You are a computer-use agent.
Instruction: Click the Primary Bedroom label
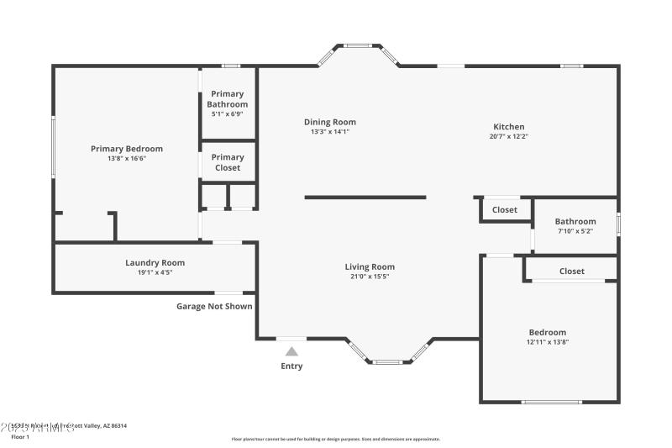click(x=127, y=149)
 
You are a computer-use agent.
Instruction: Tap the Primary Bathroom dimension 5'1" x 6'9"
click(x=228, y=114)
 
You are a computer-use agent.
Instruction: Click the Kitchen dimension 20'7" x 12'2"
click(x=508, y=137)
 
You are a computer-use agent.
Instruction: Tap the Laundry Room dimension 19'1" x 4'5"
click(x=155, y=272)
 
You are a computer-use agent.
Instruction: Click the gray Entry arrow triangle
click(x=291, y=352)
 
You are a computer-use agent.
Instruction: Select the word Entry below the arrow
click(x=291, y=366)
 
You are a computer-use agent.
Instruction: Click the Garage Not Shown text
click(x=214, y=306)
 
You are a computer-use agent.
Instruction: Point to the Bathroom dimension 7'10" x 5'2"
click(x=575, y=231)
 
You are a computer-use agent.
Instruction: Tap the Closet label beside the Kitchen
click(x=505, y=210)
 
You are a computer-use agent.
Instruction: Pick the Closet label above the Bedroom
click(x=572, y=271)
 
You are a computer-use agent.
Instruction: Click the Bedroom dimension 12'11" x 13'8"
click(x=547, y=342)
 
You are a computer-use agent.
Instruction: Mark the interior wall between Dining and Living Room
click(x=365, y=198)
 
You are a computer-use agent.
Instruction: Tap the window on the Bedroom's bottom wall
click(x=551, y=402)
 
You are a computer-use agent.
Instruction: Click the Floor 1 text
click(x=20, y=437)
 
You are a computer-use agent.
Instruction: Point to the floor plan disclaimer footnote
click(x=335, y=439)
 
